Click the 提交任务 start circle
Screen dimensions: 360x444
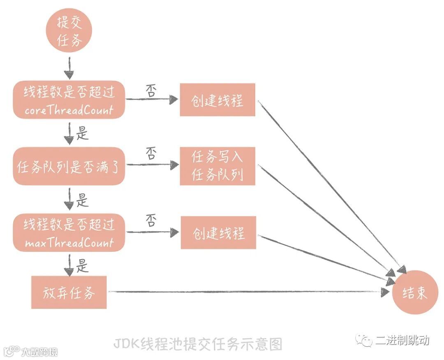pos(69,30)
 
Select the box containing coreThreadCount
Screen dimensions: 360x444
pos(69,100)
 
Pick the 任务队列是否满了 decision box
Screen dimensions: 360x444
pos(69,166)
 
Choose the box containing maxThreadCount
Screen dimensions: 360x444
pos(69,232)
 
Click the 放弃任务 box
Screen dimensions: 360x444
pos(69,293)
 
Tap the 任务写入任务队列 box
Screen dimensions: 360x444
pos(217,166)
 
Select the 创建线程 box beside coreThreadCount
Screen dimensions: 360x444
pos(217,100)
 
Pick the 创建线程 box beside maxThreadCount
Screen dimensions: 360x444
pos(218,233)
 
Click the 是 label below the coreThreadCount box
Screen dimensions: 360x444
pos(82,133)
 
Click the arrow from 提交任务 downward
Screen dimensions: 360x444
pos(69,68)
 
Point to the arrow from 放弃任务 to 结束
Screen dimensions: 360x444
pos(247,292)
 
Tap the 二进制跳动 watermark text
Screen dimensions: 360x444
pos(402,340)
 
